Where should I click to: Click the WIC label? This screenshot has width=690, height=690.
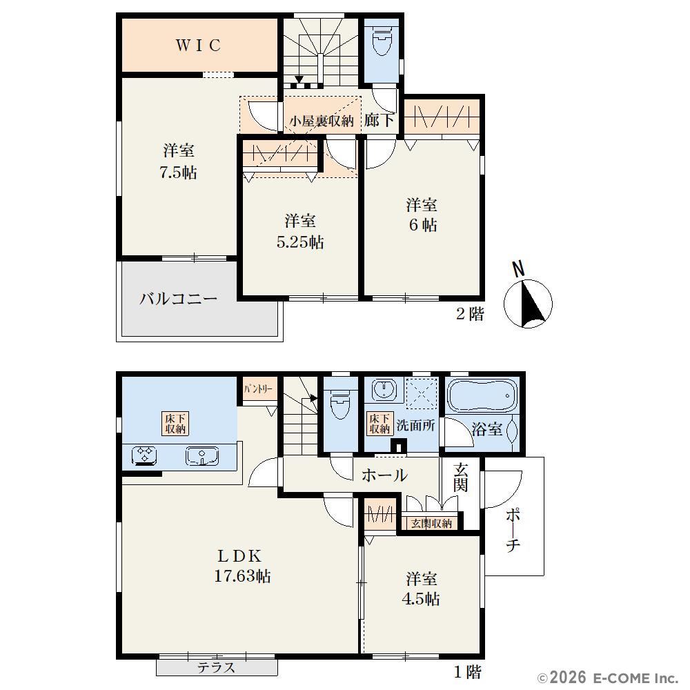coord(199,46)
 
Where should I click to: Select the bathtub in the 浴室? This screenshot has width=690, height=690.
coord(482,395)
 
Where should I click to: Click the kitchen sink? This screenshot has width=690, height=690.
coord(202,456)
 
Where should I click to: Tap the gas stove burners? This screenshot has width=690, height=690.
coord(145,455)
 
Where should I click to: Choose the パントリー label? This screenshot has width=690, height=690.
coord(258,389)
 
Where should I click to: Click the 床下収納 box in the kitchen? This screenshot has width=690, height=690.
coord(175,424)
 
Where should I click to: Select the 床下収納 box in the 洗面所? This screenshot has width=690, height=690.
coord(379,424)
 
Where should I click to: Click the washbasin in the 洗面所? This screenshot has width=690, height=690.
coord(384,389)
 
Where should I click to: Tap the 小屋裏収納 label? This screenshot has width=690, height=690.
coord(322,121)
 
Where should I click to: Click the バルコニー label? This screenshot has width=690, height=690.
coord(178,299)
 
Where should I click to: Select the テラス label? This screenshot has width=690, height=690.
coord(216,667)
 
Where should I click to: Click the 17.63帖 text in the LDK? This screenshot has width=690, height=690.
coord(242,575)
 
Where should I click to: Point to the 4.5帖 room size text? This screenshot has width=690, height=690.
coord(421,598)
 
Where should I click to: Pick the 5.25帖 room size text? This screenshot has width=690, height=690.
coord(300,241)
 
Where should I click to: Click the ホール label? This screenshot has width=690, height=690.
coord(384,475)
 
